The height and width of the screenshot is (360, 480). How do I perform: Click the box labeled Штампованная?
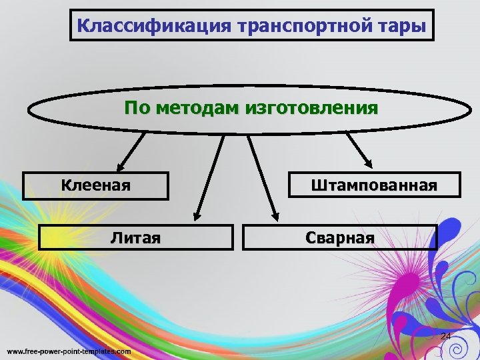pyautogui.click(x=373, y=185)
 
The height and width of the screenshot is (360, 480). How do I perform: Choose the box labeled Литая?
pyautogui.click(x=135, y=237)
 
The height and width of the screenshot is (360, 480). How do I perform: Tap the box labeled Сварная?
pyautogui.click(x=339, y=237)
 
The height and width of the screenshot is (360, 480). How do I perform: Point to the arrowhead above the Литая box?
pyautogui.click(x=197, y=215)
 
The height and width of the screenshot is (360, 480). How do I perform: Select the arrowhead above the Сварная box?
pyautogui.click(x=274, y=215)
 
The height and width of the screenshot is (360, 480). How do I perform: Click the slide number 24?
pyautogui.click(x=446, y=336)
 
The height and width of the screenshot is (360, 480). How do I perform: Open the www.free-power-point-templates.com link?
pyautogui.click(x=69, y=351)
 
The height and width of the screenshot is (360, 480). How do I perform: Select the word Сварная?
pyautogui.click(x=339, y=237)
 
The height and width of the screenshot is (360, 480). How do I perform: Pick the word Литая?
pyautogui.click(x=135, y=237)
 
